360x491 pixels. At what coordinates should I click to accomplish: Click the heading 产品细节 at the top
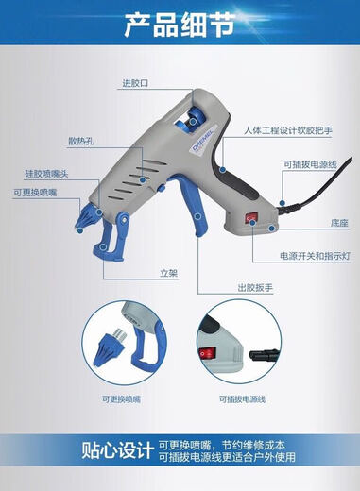(180, 25)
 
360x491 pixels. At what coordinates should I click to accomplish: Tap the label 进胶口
(134, 83)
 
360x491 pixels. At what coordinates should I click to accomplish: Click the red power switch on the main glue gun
(252, 217)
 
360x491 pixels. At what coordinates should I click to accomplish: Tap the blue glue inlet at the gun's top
(194, 114)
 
